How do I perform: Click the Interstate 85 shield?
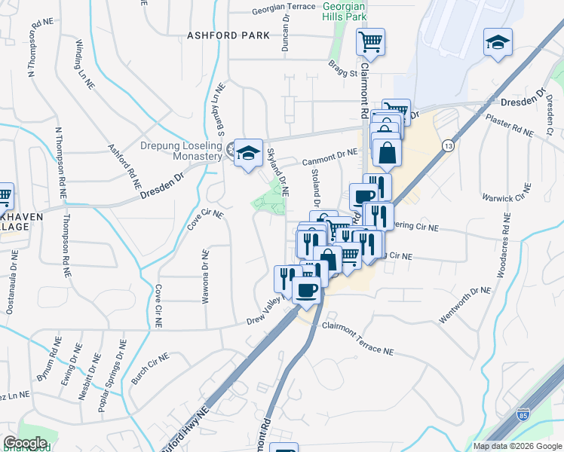tap(523, 414)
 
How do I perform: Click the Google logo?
tap(26, 443)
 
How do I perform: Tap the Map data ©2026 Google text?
tap(517, 446)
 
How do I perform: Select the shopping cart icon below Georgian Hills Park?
tap(370, 42)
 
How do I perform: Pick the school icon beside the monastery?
tap(247, 153)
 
